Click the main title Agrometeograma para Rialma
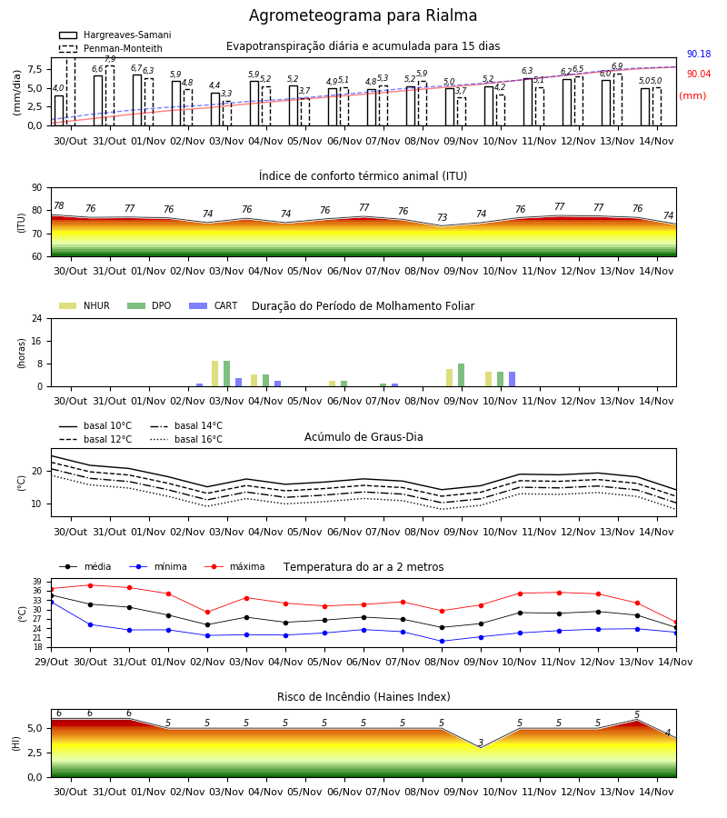click(x=363, y=15)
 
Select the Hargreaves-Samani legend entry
click(x=115, y=35)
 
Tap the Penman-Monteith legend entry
click(x=111, y=48)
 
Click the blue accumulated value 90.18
click(x=699, y=54)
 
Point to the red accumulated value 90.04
click(x=699, y=75)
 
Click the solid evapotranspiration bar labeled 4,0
click(x=59, y=111)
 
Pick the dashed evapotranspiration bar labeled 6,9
click(x=617, y=100)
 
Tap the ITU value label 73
click(x=443, y=217)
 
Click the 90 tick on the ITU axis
click(x=37, y=188)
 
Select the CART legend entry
click(x=214, y=305)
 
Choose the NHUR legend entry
click(x=85, y=305)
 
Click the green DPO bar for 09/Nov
click(x=461, y=375)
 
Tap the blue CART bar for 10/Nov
click(x=513, y=379)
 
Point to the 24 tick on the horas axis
click(x=37, y=319)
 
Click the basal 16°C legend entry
click(x=186, y=440)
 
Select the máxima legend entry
click(x=234, y=567)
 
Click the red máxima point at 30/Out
click(x=90, y=585)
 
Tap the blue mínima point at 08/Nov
click(x=443, y=641)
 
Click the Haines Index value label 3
click(x=481, y=743)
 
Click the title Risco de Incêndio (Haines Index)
click(x=363, y=697)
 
